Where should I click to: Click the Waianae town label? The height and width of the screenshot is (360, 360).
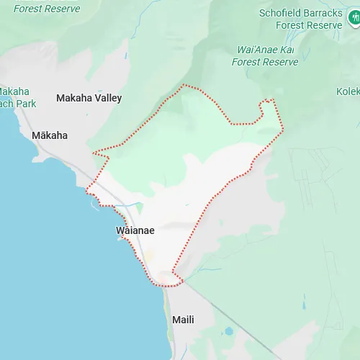click(x=135, y=230)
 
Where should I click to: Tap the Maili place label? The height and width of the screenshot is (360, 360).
click(x=183, y=319)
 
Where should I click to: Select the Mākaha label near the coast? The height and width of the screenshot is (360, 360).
click(x=50, y=135)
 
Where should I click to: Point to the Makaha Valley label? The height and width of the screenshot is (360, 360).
click(x=89, y=98)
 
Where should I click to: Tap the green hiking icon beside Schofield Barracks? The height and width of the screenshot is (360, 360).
click(x=354, y=18)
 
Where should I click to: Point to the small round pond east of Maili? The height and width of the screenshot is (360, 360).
click(x=229, y=332)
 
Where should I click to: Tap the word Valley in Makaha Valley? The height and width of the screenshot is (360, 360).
click(x=107, y=98)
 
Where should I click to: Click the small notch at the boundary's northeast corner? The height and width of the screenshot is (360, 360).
click(x=268, y=102)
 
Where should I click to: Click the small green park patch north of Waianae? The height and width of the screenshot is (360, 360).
click(x=139, y=208)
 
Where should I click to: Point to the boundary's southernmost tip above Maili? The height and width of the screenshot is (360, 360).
click(x=174, y=284)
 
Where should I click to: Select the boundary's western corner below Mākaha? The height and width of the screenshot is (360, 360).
click(x=87, y=192)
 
